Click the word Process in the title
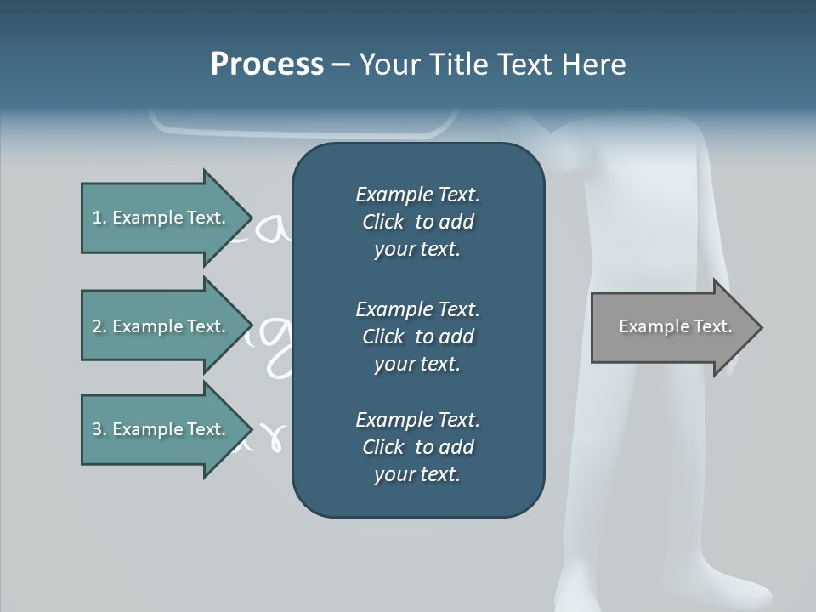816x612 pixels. tap(267, 65)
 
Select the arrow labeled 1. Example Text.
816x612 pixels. tap(159, 218)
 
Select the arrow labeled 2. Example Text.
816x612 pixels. tap(159, 326)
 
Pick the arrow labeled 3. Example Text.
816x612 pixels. tap(159, 429)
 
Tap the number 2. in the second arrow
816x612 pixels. tap(99, 326)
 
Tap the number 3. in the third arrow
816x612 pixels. tap(99, 429)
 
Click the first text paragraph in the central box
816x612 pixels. tap(417, 222)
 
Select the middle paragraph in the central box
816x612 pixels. tap(417, 337)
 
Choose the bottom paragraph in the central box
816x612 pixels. tap(417, 447)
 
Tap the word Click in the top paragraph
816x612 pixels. tap(382, 222)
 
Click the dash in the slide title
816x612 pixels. tap(342, 65)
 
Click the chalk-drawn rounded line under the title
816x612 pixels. tap(297, 132)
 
